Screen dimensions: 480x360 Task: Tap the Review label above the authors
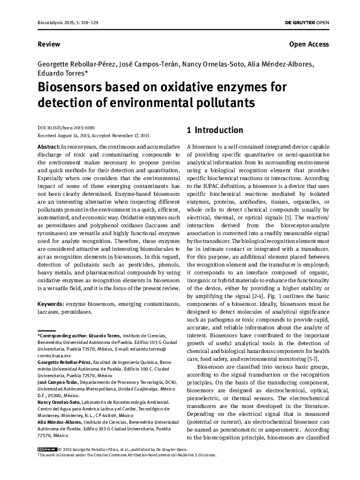tap(48, 44)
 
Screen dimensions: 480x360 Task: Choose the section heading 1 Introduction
tap(214, 130)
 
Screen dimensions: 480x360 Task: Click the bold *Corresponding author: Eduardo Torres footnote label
tap(79, 334)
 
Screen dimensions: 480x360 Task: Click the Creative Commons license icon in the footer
tap(46, 467)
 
